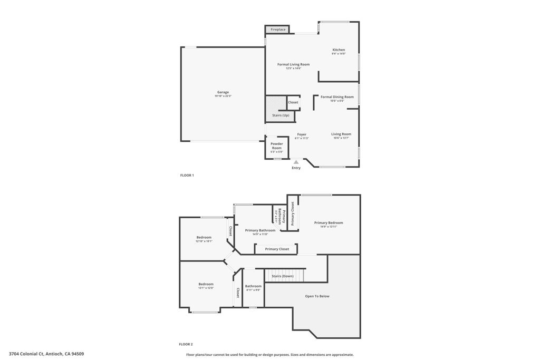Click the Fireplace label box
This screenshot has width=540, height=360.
278,30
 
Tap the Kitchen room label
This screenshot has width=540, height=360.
338,50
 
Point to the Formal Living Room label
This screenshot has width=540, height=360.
293,64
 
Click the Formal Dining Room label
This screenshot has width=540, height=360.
337,97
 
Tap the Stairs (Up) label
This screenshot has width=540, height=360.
281,115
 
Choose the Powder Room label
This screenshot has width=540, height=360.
277,145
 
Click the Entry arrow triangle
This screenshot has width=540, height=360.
296,162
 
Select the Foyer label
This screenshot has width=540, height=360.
302,134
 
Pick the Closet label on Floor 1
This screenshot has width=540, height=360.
293,102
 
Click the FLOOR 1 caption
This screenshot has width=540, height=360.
187,175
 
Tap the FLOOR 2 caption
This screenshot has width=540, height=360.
186,344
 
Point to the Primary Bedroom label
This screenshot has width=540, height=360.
329,223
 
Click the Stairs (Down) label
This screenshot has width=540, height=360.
282,276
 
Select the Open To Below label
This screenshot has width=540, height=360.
317,296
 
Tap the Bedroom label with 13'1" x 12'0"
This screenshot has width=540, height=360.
206,284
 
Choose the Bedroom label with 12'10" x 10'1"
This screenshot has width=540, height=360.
204,237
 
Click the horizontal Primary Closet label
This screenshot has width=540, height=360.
277,249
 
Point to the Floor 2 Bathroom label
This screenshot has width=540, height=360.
253,286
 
